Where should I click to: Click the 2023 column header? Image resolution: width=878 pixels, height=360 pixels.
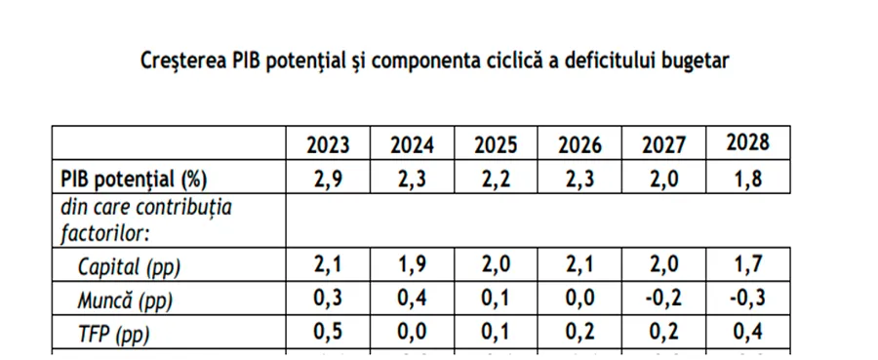click(328, 145)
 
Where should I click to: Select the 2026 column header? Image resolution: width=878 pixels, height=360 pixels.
click(579, 145)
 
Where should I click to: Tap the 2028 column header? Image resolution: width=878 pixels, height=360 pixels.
click(748, 142)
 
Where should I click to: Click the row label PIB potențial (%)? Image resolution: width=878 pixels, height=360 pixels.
click(135, 180)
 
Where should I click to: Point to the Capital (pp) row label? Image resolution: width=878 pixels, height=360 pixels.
click(129, 267)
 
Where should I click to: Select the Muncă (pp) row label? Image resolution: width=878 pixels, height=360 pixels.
click(125, 300)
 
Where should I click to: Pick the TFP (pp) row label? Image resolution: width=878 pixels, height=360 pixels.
click(114, 335)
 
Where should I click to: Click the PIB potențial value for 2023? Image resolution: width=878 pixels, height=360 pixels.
click(328, 180)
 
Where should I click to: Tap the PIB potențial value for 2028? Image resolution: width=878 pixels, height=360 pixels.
click(748, 180)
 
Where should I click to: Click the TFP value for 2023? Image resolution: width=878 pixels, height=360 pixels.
click(328, 333)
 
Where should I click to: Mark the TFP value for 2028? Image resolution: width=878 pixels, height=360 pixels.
click(748, 333)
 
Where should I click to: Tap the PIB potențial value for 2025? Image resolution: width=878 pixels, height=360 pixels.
click(496, 180)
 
